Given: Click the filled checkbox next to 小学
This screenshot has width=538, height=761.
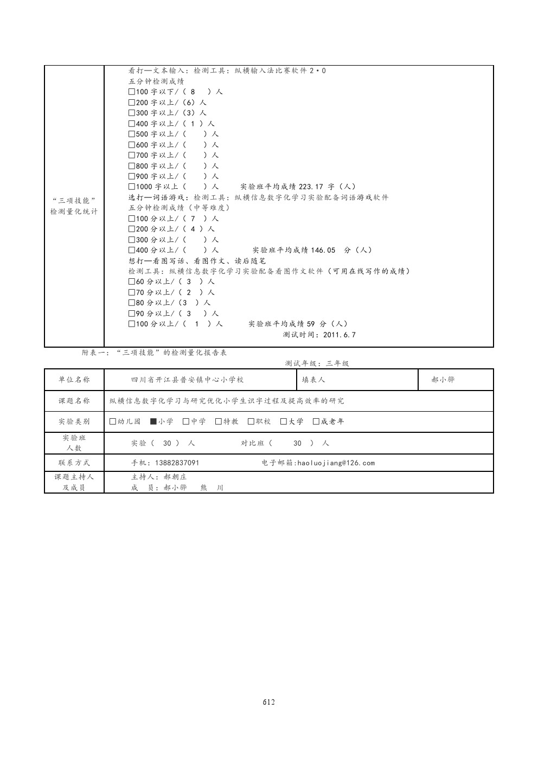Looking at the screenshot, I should (x=153, y=421).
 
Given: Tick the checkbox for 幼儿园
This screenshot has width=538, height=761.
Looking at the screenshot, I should (x=113, y=421).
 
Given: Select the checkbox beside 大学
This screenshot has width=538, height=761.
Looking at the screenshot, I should (x=284, y=421).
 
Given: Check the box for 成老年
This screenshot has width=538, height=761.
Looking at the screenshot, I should (x=316, y=421).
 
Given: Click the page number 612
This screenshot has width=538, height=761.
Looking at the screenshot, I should (x=269, y=702).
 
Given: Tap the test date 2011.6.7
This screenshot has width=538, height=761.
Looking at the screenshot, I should (x=340, y=335).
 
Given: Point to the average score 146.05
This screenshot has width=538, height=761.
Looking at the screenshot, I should (x=323, y=251).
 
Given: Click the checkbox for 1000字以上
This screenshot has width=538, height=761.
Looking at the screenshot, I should (x=132, y=187).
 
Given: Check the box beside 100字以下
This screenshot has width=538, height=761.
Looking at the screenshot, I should (x=132, y=92).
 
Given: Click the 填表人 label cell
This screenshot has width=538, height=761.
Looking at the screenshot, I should (x=313, y=380).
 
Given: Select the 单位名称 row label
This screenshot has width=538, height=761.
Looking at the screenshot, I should (x=74, y=380).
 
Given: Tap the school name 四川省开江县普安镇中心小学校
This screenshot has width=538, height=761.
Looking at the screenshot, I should (x=188, y=380).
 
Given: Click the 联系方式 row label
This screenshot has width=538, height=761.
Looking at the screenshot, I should (x=74, y=463).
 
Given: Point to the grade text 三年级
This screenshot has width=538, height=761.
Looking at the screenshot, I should (x=337, y=364).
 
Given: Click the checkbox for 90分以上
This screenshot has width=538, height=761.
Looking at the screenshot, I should (x=132, y=314).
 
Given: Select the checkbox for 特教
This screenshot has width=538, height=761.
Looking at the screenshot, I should (x=219, y=421).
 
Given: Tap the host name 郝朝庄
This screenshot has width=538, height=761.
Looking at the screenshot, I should (x=175, y=477).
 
